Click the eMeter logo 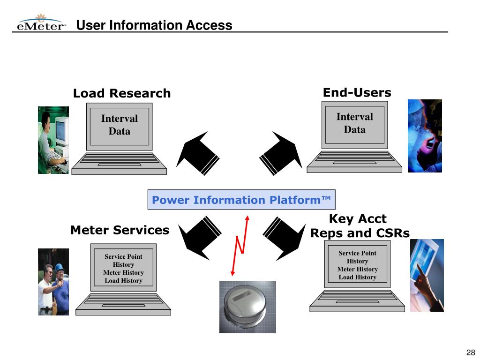(x=41, y=22)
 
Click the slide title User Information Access (x=154, y=25)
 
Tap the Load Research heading (x=122, y=93)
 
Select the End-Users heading (x=357, y=92)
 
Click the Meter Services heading (x=120, y=230)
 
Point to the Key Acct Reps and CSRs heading (x=360, y=226)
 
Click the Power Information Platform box (x=241, y=200)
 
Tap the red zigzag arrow (x=240, y=246)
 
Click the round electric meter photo (x=247, y=307)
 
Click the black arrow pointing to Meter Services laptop (x=200, y=238)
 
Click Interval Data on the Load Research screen (x=120, y=125)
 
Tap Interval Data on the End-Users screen (x=354, y=123)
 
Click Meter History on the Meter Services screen (x=123, y=272)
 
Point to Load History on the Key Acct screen (x=357, y=277)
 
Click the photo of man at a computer (x=53, y=140)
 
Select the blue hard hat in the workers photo (x=60, y=267)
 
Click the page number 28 (x=471, y=352)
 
